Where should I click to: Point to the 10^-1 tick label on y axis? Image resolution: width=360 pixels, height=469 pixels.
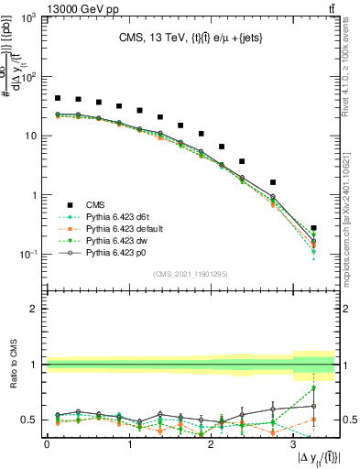(x=26, y=255)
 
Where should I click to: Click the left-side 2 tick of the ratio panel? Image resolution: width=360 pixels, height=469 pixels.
(x=37, y=309)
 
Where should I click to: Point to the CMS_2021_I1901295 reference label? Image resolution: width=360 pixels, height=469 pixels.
(x=191, y=274)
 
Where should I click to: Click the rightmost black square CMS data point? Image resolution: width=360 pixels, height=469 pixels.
(x=314, y=228)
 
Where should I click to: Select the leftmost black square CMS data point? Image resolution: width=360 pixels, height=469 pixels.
(x=58, y=98)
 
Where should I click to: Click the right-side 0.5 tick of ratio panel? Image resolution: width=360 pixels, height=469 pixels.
(x=348, y=420)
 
